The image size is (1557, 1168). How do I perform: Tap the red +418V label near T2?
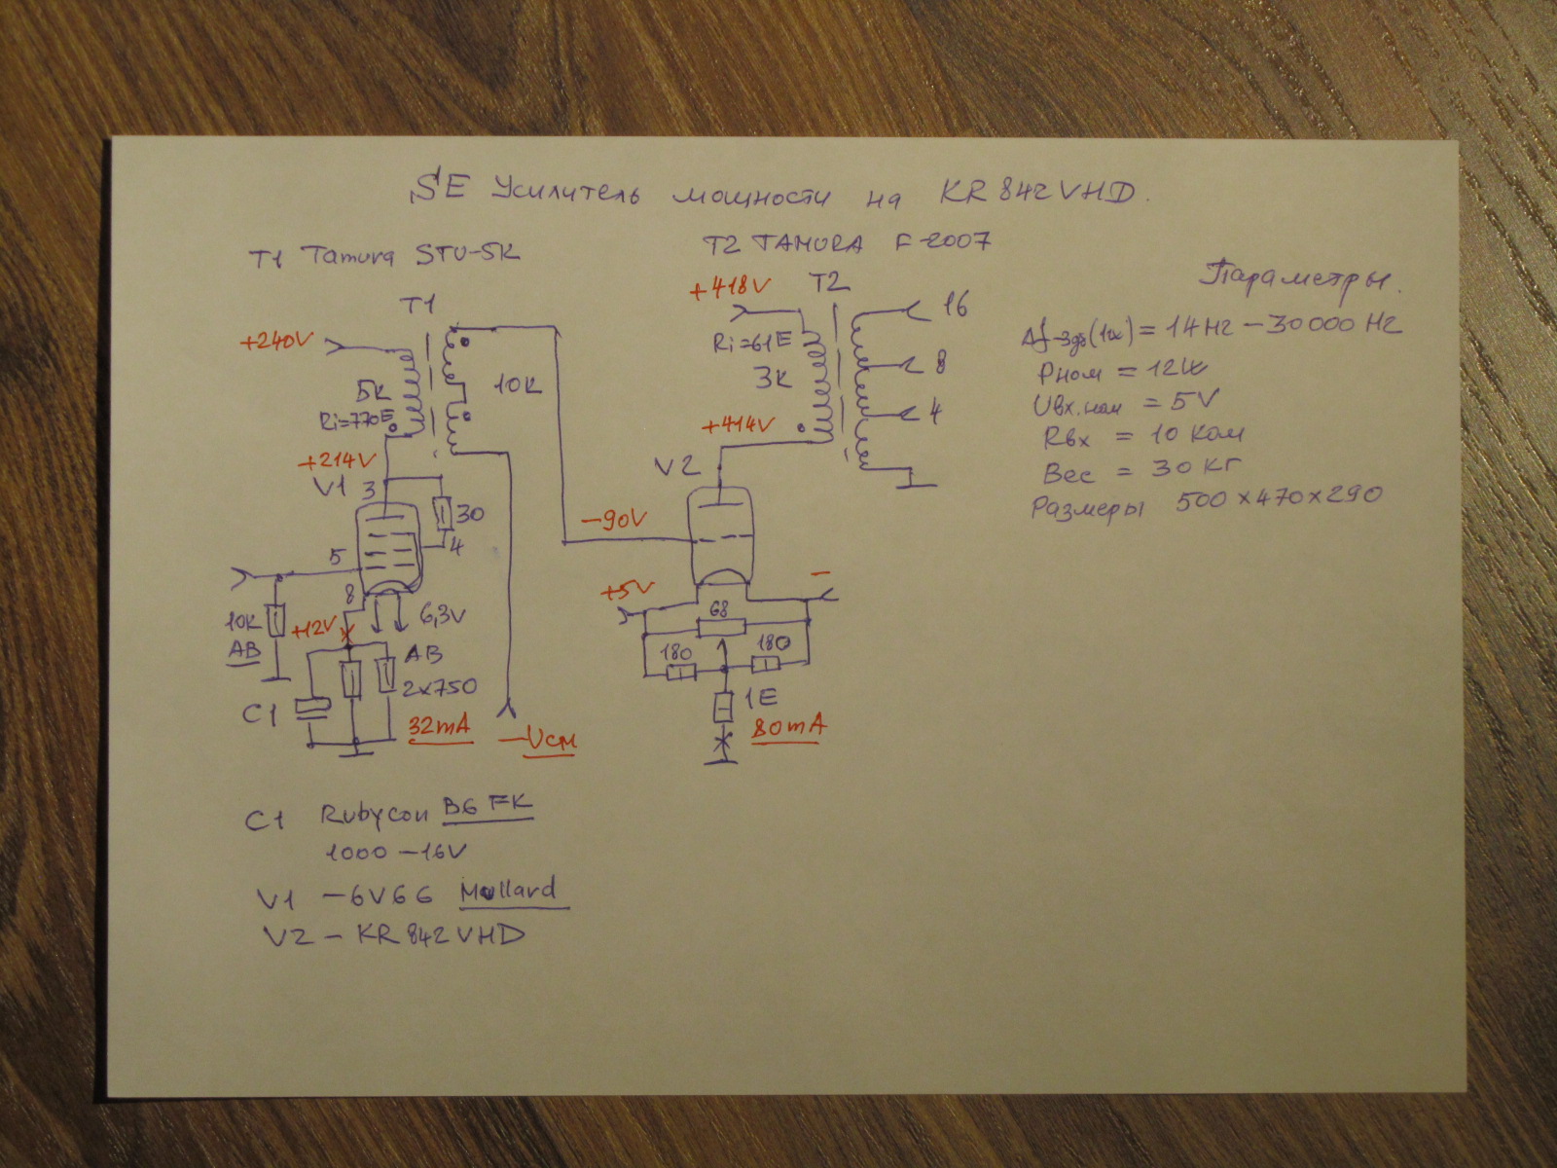[730, 289]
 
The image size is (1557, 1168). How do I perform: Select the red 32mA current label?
[439, 726]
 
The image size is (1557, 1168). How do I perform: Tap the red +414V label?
[738, 424]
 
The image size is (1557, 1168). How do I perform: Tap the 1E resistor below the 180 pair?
[723, 707]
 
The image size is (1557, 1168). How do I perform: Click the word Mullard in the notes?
[508, 891]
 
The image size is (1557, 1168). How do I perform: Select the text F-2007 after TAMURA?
[942, 240]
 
